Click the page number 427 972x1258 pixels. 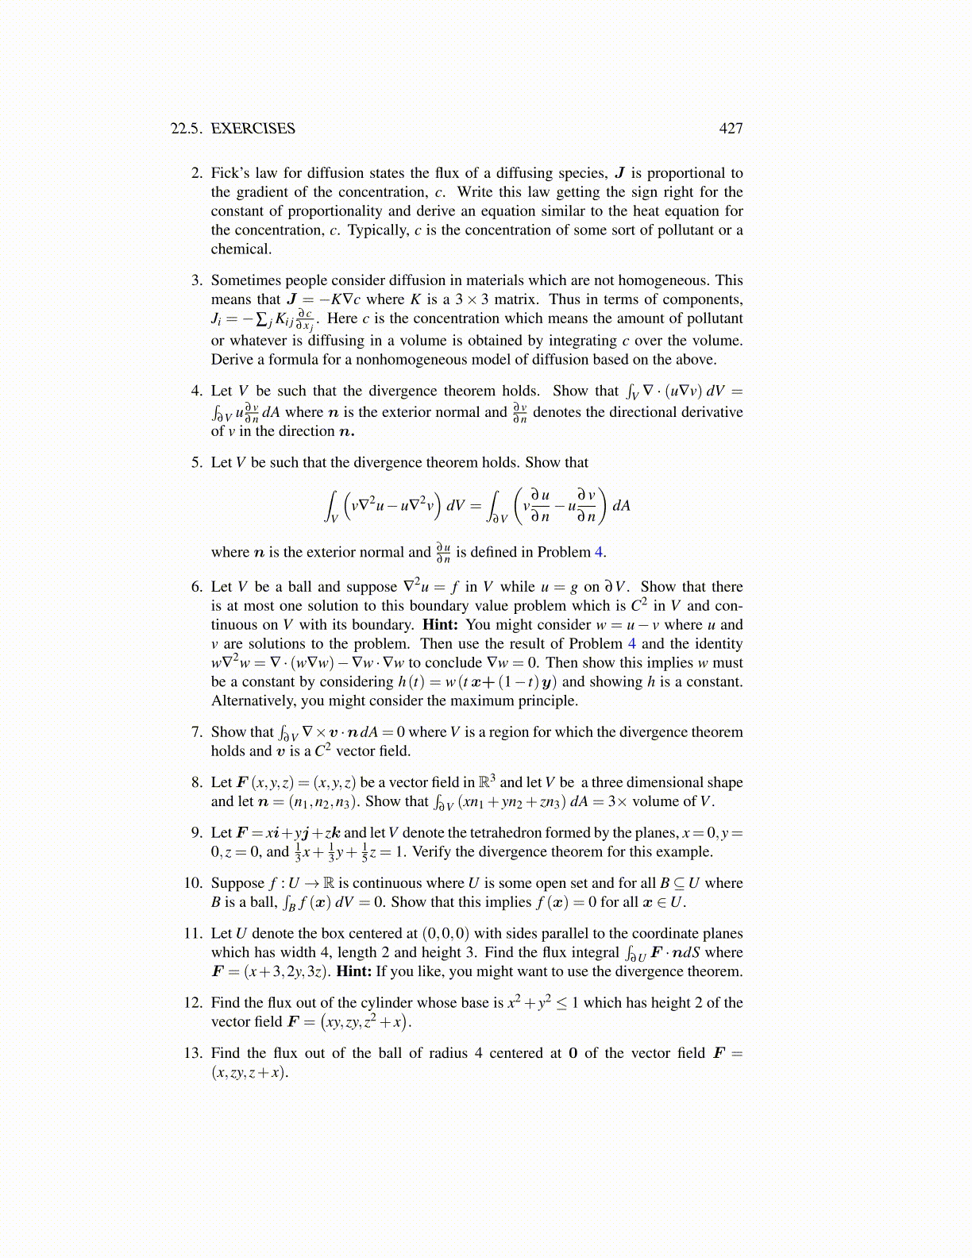(731, 129)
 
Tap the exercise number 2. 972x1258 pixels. (196, 173)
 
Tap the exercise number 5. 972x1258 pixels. (196, 463)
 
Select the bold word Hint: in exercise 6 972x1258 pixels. (440, 625)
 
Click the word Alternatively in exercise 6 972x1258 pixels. (253, 701)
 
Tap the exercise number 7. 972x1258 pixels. (196, 732)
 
